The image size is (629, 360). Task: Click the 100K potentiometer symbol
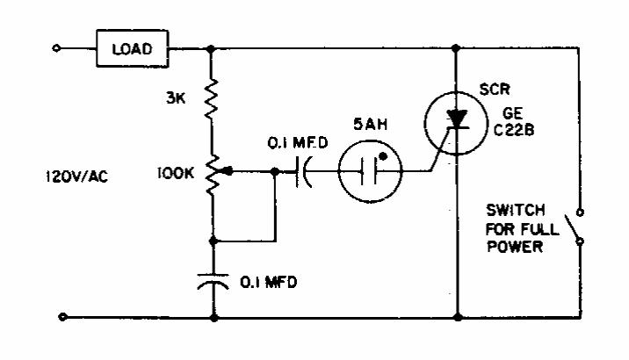tap(212, 172)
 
